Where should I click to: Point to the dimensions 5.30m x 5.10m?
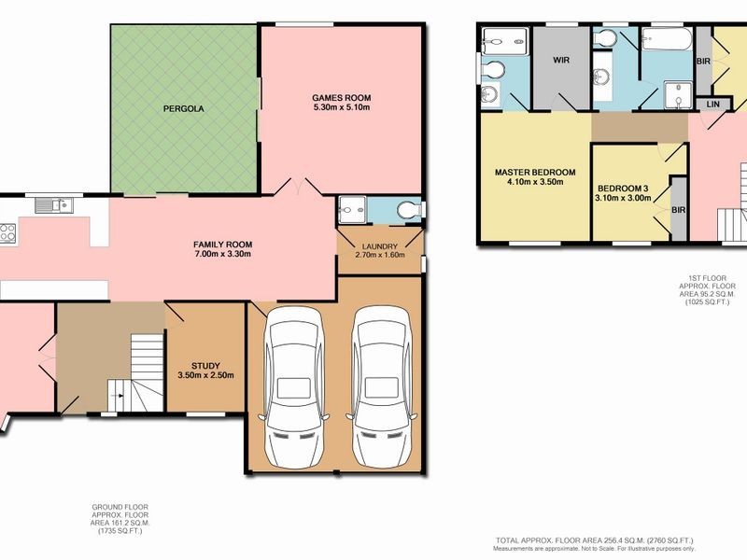pyautogui.click(x=342, y=108)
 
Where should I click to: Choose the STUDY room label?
pyautogui.click(x=204, y=365)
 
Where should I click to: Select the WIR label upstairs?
pyautogui.click(x=561, y=60)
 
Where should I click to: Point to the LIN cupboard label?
pyautogui.click(x=712, y=104)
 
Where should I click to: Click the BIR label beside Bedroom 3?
pyautogui.click(x=679, y=210)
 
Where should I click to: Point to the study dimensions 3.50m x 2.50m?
pyautogui.click(x=204, y=376)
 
